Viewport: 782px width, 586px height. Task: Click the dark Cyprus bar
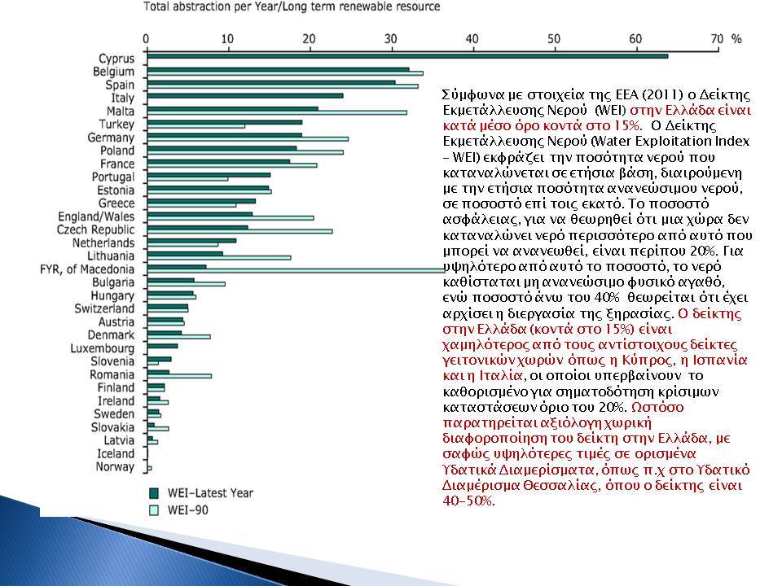click(407, 56)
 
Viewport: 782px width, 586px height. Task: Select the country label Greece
click(116, 203)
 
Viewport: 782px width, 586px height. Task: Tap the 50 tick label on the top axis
click(554, 39)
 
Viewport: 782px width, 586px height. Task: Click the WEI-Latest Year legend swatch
click(154, 493)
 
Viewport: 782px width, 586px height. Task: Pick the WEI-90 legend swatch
click(154, 510)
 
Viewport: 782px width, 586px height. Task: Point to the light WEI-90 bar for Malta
click(277, 112)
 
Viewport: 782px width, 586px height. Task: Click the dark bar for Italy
click(245, 95)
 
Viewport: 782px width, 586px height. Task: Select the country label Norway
click(115, 467)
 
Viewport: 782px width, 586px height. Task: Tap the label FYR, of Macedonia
click(87, 269)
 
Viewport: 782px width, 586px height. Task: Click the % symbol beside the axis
click(736, 39)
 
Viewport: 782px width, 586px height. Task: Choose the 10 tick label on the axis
click(227, 39)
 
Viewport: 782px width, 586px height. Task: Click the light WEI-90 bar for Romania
click(179, 376)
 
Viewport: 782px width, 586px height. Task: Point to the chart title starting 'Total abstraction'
click(292, 7)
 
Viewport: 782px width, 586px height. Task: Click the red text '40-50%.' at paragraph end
click(469, 501)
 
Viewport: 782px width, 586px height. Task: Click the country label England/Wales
click(96, 216)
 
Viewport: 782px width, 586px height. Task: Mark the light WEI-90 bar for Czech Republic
click(239, 231)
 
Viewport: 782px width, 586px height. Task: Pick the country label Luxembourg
click(103, 348)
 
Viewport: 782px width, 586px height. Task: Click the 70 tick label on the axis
click(717, 39)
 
